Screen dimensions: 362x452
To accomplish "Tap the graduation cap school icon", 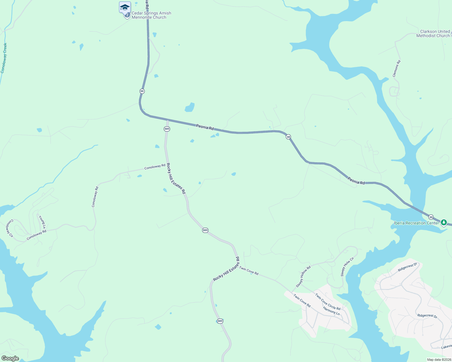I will click(125, 7).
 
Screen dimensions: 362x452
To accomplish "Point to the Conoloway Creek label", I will click(4, 58).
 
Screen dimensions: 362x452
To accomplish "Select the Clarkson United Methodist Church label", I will click(433, 33).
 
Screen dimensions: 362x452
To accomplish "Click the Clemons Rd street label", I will click(396, 68).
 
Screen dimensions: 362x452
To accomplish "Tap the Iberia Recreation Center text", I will click(416, 223).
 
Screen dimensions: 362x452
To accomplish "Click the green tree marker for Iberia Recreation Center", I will click(444, 223).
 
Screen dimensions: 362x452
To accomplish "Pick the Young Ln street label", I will click(42, 222).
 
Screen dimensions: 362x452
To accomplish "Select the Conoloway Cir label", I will click(10, 228).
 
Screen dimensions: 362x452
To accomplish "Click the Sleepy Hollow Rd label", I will click(303, 277).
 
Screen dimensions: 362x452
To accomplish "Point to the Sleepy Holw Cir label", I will click(347, 267).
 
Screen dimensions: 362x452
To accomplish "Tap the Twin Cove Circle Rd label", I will click(328, 302).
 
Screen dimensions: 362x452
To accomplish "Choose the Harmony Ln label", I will click(331, 311).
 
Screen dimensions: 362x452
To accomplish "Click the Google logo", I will click(10, 358).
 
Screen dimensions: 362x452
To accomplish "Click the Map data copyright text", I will click(439, 360).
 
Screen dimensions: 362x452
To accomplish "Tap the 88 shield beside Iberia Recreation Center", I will click(431, 217).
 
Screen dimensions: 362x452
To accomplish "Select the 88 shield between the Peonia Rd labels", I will click(289, 137).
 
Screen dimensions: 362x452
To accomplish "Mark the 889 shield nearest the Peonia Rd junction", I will click(167, 129).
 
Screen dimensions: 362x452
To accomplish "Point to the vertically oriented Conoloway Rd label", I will click(95, 197).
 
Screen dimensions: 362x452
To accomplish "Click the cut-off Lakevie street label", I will click(446, 347).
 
